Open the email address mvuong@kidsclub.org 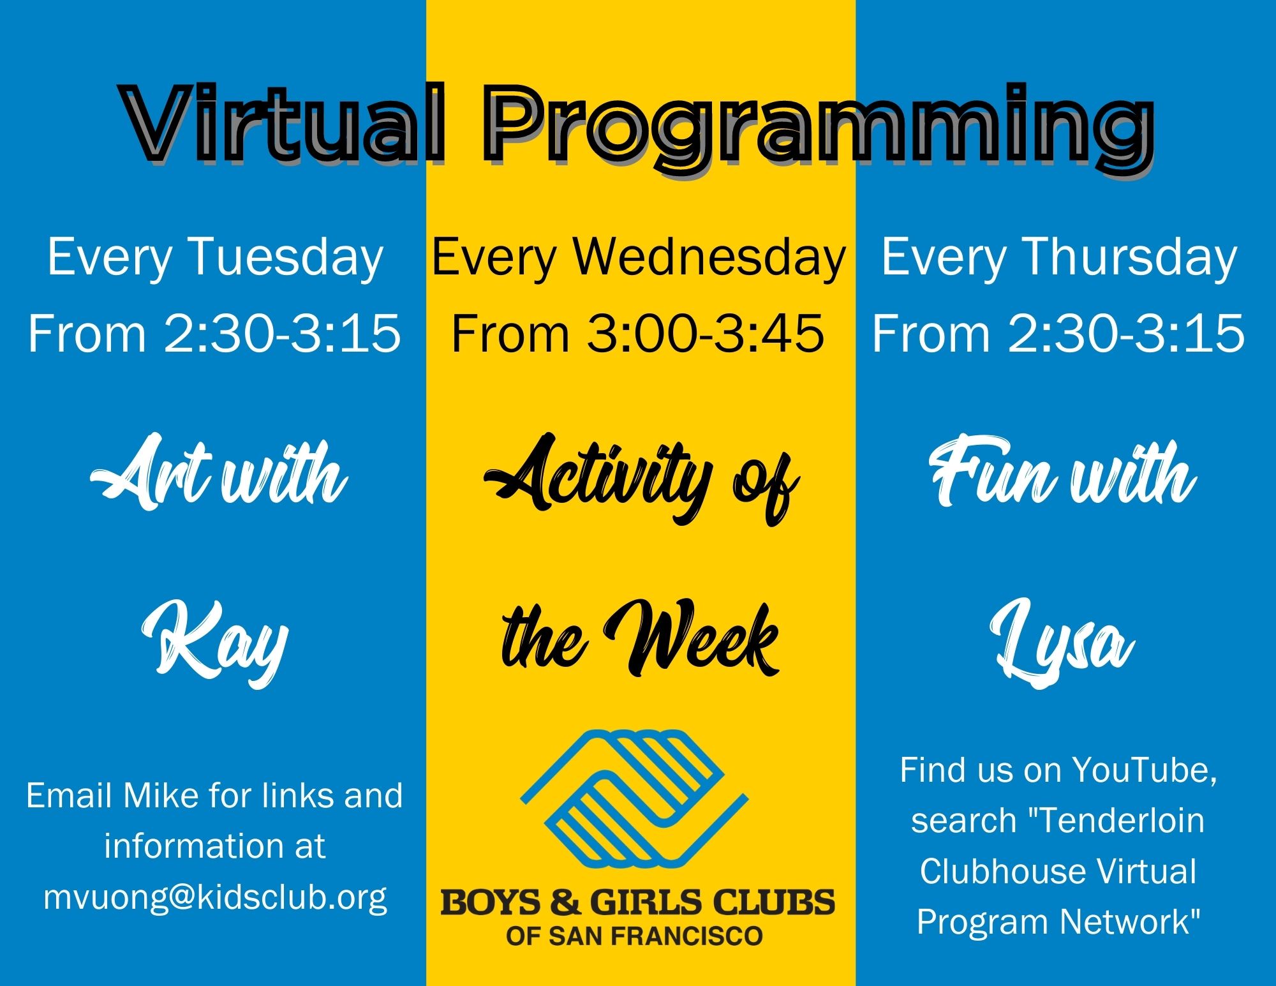pyautogui.click(x=215, y=897)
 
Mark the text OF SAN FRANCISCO pyautogui.click(x=634, y=936)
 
